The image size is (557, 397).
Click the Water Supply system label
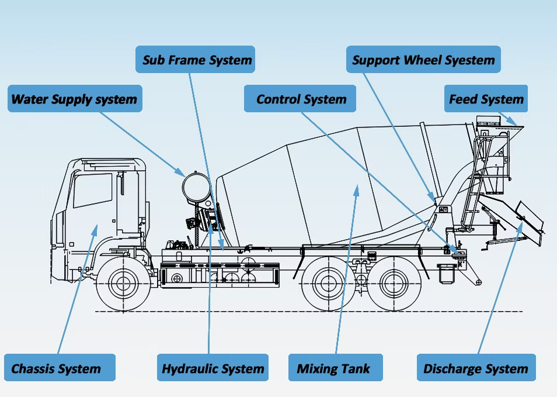[75, 99]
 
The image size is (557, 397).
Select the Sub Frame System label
[197, 60]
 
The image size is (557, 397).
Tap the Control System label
[301, 99]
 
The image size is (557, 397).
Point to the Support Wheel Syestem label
[423, 60]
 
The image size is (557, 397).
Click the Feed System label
[486, 99]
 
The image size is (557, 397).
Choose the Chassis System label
[56, 368]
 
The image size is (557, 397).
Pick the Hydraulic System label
[213, 368]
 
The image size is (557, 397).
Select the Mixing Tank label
[333, 368]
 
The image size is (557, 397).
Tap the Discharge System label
[475, 368]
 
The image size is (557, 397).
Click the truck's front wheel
[123, 284]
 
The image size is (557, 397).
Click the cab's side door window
[92, 189]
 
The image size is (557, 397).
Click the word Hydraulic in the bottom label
[189, 368]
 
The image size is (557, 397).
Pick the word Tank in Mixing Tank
[356, 368]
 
